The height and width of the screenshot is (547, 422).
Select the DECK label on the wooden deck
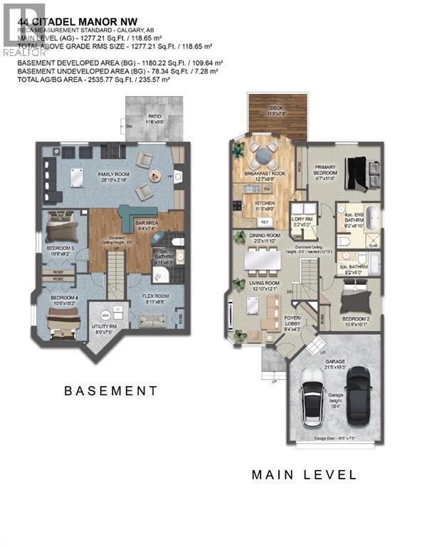click(x=275, y=110)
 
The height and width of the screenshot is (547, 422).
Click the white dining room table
click(x=264, y=261)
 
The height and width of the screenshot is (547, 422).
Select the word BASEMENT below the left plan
click(x=110, y=391)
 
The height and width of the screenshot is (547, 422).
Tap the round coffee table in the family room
click(x=154, y=175)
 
